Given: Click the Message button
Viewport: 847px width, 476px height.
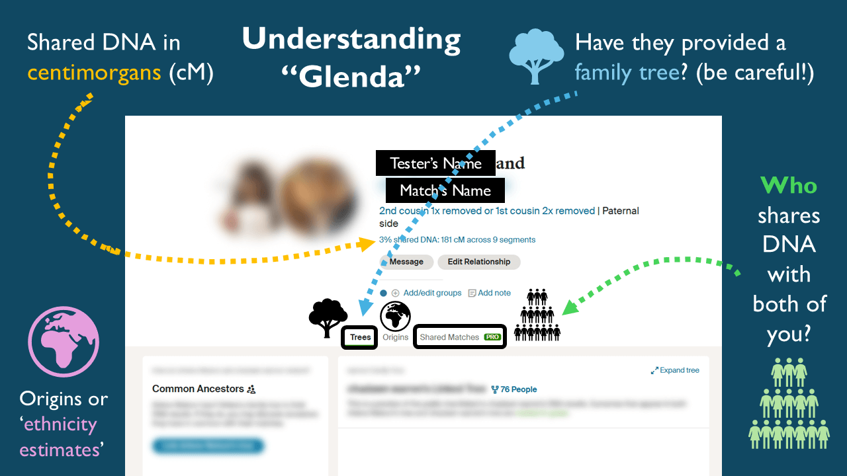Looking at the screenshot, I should [x=406, y=262].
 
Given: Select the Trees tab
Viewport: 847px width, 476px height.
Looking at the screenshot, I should [x=360, y=337].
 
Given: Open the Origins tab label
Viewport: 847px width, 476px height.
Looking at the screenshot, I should [x=396, y=337].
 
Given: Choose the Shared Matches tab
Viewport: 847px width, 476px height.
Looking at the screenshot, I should [x=449, y=337].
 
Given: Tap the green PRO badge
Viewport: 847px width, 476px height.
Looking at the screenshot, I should [x=492, y=337].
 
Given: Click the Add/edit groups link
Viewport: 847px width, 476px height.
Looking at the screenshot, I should [x=432, y=293].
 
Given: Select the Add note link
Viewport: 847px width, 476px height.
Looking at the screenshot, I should [x=494, y=293].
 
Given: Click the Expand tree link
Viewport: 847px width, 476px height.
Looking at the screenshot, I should [x=676, y=370].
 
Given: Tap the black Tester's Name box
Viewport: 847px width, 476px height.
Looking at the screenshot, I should [x=435, y=163].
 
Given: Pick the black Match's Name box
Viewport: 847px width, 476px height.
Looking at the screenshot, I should [x=445, y=190].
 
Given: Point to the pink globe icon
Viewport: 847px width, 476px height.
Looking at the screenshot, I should [x=63, y=342].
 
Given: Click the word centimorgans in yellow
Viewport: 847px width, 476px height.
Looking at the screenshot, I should [x=95, y=72].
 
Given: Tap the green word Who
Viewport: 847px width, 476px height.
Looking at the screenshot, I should [x=789, y=186].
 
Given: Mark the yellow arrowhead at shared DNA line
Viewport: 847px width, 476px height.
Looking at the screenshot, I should [x=368, y=243].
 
